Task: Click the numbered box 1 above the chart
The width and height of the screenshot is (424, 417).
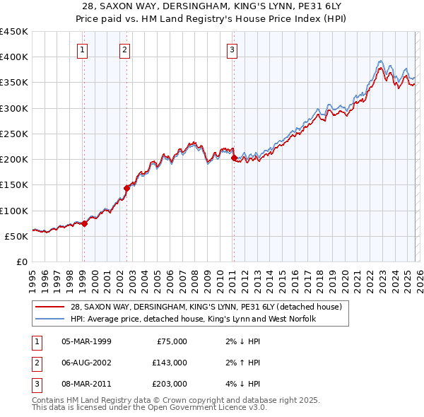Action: [83, 49]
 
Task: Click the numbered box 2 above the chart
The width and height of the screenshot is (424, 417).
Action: [124, 49]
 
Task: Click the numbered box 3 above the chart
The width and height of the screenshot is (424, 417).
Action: [232, 49]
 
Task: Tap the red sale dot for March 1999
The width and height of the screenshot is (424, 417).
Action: [84, 223]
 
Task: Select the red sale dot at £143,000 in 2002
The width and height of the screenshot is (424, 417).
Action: [127, 188]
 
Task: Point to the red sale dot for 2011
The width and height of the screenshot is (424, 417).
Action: [234, 158]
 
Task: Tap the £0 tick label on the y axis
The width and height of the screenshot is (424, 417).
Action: [21, 262]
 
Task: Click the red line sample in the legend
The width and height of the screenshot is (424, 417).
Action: [51, 307]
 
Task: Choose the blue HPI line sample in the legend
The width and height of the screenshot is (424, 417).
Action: [51, 319]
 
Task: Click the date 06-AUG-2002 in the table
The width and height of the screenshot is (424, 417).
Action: [86, 363]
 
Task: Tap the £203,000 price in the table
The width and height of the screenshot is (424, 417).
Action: [169, 384]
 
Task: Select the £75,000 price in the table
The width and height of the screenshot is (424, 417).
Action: [172, 341]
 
